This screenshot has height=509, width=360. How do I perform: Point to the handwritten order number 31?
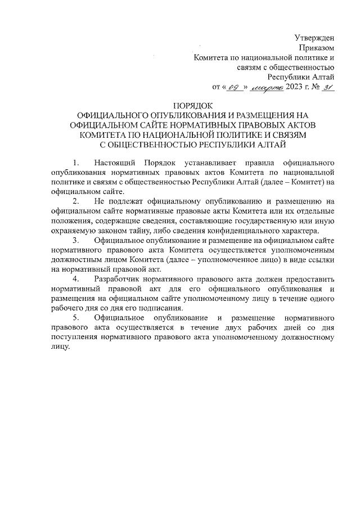[x=328, y=87]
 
